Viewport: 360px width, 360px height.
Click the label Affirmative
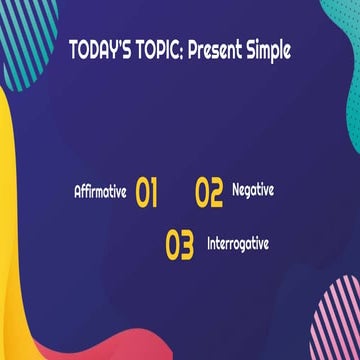[x=100, y=191]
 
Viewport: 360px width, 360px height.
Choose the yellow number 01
[x=147, y=192]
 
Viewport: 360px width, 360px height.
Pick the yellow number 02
[x=209, y=192]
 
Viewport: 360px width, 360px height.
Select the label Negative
[x=253, y=189]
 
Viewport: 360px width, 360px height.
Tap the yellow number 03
[x=180, y=246]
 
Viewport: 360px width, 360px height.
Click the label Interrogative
[x=238, y=243]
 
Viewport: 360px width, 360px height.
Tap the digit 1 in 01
[x=155, y=192]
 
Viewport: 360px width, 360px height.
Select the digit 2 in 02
[x=216, y=192]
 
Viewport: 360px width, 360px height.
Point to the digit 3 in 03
[x=187, y=246]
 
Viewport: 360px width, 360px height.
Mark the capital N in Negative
[x=236, y=189]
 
